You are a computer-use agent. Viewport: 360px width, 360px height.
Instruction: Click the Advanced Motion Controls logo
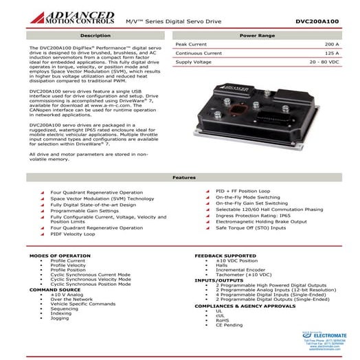(65, 16)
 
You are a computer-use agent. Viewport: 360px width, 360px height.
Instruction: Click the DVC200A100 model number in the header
(317, 21)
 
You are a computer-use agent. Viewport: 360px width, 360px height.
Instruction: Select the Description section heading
(95, 34)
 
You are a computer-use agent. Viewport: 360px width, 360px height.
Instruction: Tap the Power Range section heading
(258, 34)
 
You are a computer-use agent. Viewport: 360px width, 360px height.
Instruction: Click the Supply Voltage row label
(193, 62)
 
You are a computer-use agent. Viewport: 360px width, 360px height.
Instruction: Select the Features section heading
(179, 177)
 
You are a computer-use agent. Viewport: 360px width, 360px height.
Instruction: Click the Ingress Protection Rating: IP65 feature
(252, 215)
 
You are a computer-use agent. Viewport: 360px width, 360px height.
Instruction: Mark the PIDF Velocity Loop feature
(73, 234)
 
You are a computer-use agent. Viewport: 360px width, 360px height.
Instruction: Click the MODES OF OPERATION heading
(60, 256)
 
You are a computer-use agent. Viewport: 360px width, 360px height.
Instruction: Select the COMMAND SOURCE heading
(55, 289)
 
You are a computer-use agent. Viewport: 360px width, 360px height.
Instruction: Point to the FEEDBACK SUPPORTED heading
(225, 256)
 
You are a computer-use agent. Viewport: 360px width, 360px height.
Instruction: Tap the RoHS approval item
(222, 320)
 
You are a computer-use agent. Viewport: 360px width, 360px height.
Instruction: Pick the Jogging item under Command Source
(60, 318)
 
